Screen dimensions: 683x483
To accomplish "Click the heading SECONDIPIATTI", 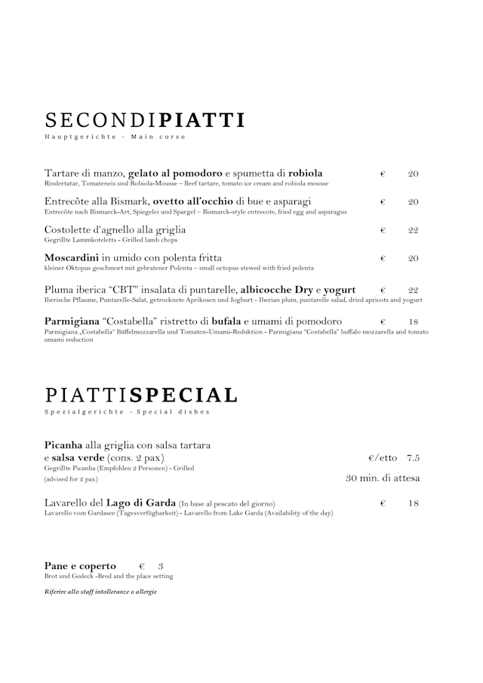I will pos(145,120).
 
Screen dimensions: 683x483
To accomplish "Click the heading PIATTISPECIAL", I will pos(141,395).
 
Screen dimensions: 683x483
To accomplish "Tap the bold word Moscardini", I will pos(72,258).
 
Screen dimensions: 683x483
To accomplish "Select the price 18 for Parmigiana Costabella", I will pos(413,322).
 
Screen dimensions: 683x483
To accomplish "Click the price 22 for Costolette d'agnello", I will pos(413,230).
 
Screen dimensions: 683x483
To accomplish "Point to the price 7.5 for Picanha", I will pos(413,458).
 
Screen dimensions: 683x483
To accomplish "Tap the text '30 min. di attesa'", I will pos(383,478).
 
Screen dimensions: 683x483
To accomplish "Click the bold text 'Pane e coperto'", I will pos(80,566).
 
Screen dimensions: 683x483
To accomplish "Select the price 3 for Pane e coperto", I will pos(161,566).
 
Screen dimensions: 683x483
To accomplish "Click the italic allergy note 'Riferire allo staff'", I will pos(100,592).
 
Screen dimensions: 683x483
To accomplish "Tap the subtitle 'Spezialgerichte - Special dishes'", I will pos(127,411).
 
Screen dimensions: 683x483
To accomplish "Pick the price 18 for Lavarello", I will pos(413,503).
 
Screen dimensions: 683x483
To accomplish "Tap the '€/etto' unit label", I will pos(382,458).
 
